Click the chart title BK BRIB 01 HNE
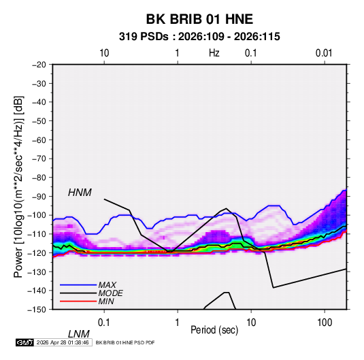pyautogui.click(x=199, y=19)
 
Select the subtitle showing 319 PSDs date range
pyautogui.click(x=199, y=37)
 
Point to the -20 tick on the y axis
pyautogui.click(x=39, y=65)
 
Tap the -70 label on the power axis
pyautogui.click(x=39, y=159)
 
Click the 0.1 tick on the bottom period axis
pyautogui.click(x=104, y=323)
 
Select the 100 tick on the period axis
pyautogui.click(x=325, y=323)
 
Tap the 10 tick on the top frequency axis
pyautogui.click(x=104, y=53)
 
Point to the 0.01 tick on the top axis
pyautogui.click(x=324, y=53)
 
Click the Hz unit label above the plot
pyautogui.click(x=214, y=53)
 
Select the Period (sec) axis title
pyautogui.click(x=214, y=330)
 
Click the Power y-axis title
pyautogui.click(x=18, y=187)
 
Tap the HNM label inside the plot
pyautogui.click(x=80, y=193)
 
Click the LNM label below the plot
pyautogui.click(x=79, y=334)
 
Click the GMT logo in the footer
pyautogui.click(x=25, y=342)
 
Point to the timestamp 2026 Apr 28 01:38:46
pyautogui.click(x=63, y=342)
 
